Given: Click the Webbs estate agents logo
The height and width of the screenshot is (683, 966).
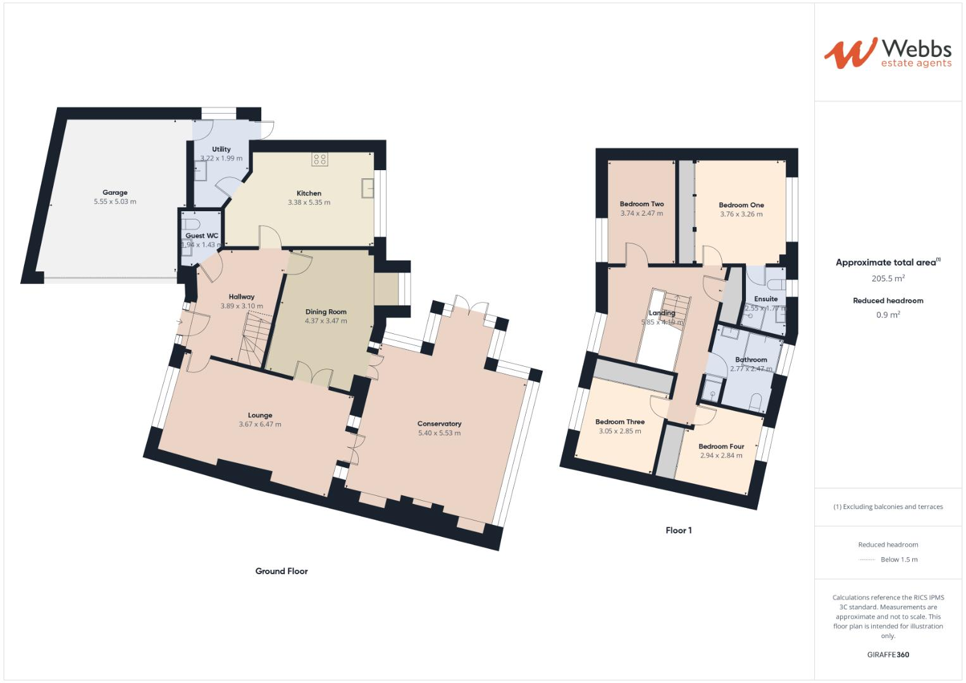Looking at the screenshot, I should pos(887,53).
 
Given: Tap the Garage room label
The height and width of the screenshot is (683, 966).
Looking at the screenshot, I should pos(115,193).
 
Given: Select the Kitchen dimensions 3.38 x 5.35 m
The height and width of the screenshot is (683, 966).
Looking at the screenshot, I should pos(309,202).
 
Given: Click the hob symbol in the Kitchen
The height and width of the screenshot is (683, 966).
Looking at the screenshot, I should pos(319,159).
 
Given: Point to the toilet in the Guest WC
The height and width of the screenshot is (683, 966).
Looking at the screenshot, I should pos(191,225).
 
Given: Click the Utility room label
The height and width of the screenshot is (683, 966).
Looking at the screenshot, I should pos(221,149).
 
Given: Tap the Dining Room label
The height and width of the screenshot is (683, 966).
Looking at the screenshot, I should pos(326,312).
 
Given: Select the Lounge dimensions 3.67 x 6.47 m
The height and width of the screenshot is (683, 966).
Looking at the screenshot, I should pos(260,424).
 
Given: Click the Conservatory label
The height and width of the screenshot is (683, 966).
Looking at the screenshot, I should pos(439,424).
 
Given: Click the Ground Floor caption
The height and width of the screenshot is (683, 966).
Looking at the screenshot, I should pos(282,571).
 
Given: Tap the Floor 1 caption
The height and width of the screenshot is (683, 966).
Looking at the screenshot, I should pos(679,531).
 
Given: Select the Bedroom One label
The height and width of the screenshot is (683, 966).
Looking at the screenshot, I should pos(741,205).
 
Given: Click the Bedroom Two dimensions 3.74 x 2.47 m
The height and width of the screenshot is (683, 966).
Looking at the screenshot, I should pos(641,214).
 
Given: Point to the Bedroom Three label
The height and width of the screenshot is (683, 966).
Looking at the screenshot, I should pos(620,422).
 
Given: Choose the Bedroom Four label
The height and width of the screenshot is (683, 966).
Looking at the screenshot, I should pos(721,446).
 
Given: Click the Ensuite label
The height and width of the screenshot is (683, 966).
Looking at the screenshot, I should pos(765,299).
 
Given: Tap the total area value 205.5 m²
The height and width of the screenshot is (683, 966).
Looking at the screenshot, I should pos(888,278).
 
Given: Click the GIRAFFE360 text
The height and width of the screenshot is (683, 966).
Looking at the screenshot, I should pos(888,655).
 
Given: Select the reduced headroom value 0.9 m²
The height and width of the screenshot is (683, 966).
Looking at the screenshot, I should pos(888,314).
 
